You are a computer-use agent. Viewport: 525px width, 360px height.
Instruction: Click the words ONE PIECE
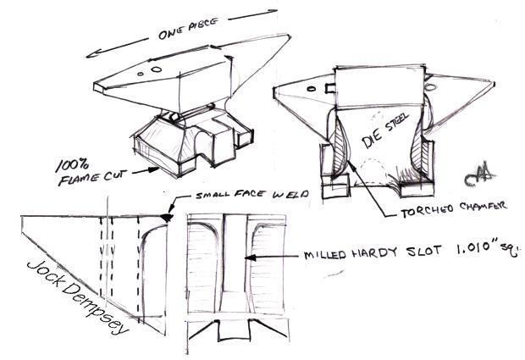coord(189,29)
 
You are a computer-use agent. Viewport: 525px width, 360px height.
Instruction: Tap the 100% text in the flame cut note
coord(72,165)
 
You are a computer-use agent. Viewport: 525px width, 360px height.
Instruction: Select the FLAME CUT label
coord(92,178)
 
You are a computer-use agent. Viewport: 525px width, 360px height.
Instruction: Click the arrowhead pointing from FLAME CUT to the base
coord(153,169)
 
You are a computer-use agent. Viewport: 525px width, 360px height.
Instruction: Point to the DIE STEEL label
coord(386,130)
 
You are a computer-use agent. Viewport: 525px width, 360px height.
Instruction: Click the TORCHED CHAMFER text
coord(454,209)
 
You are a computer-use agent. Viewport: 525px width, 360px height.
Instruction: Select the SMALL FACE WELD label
coord(251,194)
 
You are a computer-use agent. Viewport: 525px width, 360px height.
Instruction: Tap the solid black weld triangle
coord(167,218)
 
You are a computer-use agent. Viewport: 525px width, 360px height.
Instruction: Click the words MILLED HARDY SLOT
coord(373,252)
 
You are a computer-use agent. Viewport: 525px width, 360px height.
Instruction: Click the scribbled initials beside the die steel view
coord(480,176)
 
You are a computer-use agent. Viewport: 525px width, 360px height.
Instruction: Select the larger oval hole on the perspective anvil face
coord(156,69)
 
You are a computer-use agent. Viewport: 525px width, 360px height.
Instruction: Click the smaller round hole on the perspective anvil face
coord(141,74)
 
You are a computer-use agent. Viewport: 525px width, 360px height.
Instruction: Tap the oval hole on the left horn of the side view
coord(311,89)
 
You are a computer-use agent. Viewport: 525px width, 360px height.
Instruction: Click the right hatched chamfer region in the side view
coord(420,151)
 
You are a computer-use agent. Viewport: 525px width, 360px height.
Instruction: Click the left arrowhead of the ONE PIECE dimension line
coord(91,55)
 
